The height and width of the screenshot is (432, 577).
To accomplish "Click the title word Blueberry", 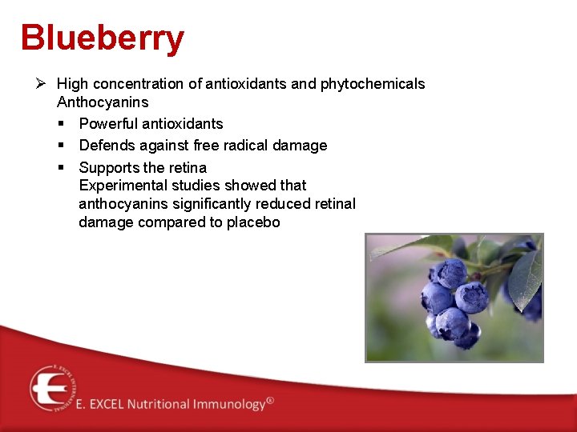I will pyautogui.click(x=103, y=38).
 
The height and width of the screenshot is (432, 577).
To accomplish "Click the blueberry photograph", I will pyautogui.click(x=454, y=298).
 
